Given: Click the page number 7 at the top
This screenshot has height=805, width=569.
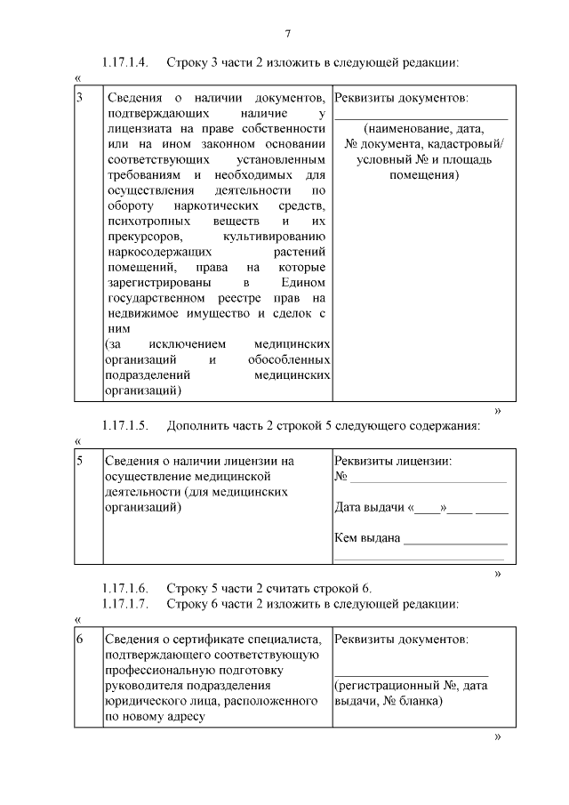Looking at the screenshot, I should [x=288, y=34].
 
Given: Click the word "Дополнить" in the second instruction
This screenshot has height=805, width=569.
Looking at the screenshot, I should [x=197, y=425].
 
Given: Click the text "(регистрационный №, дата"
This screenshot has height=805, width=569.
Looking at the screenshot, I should [x=411, y=686].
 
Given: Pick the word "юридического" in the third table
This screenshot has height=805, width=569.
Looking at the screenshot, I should [x=144, y=702].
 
